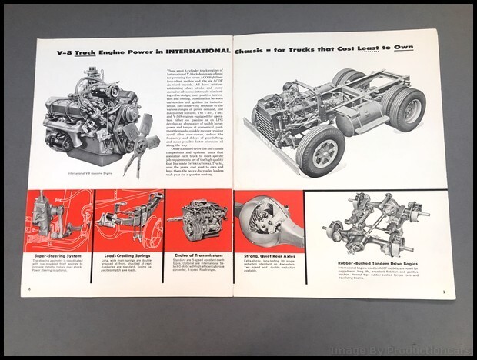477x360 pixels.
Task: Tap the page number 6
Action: click(28, 289)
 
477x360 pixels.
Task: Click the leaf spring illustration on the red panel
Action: click(127, 218)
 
